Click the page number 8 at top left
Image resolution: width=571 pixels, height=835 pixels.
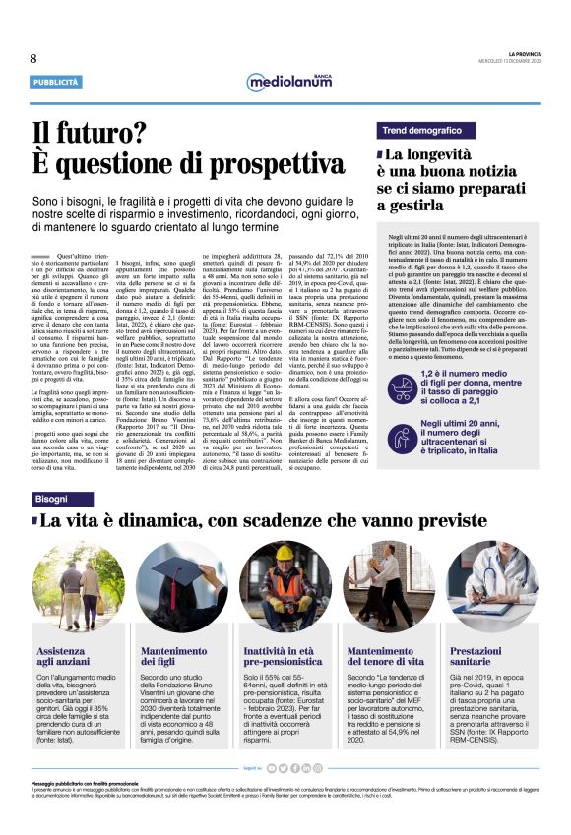pos(33,59)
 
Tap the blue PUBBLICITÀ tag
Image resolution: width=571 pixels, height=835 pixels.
pos(55,82)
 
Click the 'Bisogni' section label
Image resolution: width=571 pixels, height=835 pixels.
pos(52,500)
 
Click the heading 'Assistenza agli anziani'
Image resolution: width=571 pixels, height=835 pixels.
pos(66,657)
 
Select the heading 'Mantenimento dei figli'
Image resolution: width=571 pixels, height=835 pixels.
pos(175,657)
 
